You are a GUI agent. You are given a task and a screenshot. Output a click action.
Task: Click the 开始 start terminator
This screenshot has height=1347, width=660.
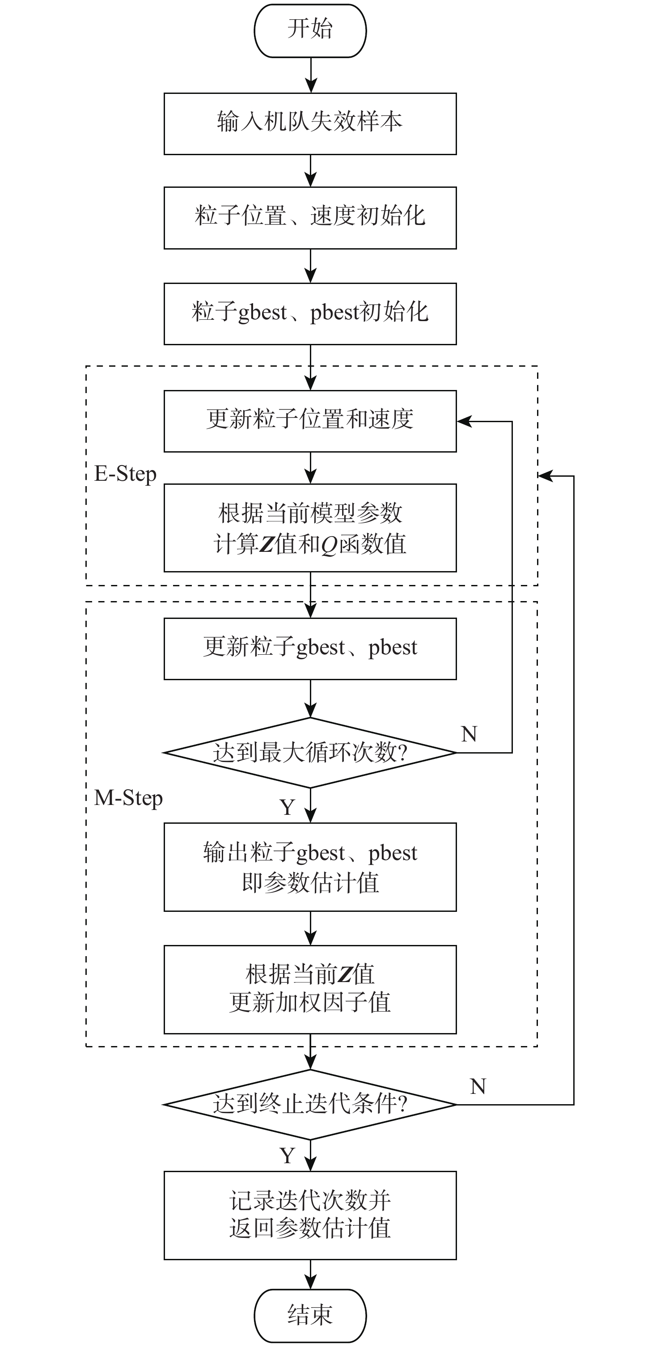point(310,30)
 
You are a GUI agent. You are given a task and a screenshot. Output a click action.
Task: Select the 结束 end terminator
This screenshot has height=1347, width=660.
point(310,1315)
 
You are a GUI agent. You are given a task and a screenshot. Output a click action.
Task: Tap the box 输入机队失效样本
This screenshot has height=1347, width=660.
point(310,123)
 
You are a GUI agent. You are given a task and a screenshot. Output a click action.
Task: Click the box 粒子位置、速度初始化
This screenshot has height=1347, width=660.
point(310,217)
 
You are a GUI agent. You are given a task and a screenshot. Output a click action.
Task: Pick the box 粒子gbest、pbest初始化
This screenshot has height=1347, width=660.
point(310,314)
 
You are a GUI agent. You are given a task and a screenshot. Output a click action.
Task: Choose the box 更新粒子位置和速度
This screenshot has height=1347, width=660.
point(310,421)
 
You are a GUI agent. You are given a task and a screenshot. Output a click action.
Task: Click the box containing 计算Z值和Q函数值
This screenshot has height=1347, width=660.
point(310,528)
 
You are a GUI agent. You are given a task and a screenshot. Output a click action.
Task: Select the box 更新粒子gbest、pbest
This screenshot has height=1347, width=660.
point(310,649)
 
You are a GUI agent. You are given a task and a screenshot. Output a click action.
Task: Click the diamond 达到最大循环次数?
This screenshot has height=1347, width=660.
point(310,753)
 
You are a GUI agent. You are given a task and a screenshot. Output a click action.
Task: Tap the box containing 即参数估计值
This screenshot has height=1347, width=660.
point(310,867)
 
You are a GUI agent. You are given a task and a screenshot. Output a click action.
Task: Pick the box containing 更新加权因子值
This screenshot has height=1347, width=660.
point(310,989)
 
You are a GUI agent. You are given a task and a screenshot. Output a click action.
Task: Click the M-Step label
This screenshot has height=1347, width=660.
point(128,798)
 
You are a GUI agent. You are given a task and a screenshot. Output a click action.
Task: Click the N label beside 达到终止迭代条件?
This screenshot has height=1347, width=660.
point(478,1087)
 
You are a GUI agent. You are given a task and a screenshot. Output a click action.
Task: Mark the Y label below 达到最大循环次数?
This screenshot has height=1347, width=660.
point(287,807)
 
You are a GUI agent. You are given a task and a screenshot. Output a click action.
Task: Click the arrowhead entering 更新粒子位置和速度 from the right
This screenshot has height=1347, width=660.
point(464,421)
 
